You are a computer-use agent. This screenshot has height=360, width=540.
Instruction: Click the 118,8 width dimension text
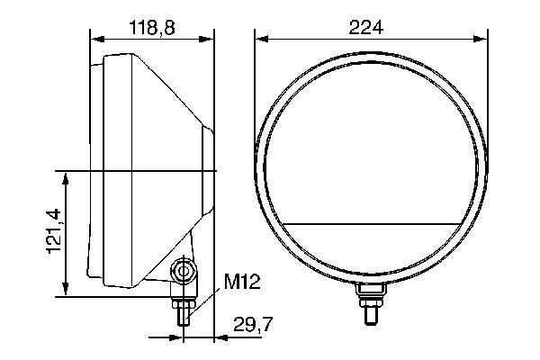[x=151, y=28]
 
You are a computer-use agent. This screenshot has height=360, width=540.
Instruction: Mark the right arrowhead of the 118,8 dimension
[x=211, y=38]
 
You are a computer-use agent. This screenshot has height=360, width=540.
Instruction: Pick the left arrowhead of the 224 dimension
[x=259, y=38]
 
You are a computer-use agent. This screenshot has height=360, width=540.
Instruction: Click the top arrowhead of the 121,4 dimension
[x=66, y=175]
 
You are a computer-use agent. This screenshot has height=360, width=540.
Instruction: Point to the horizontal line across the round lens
[x=368, y=221]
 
